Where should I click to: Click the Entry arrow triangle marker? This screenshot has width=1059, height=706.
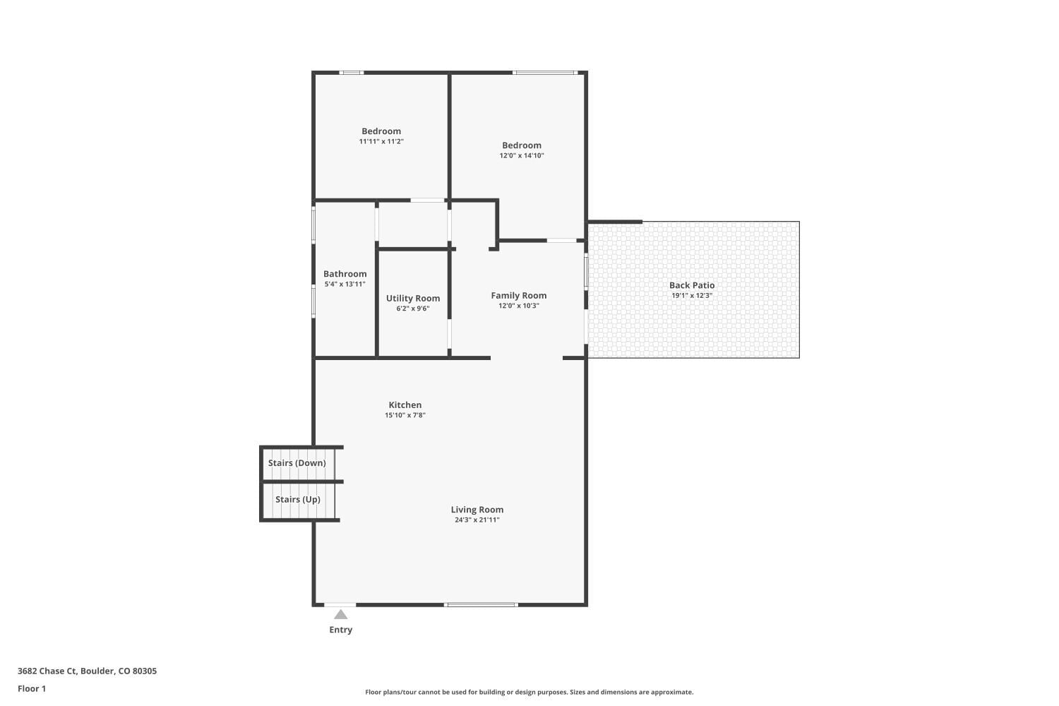pos(340,614)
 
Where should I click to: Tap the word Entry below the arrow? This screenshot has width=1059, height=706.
pos(340,630)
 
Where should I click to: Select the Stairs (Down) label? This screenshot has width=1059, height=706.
pos(297,463)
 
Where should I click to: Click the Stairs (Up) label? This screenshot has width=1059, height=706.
pos(297,499)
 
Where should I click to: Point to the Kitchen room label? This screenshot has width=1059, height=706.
pos(405,405)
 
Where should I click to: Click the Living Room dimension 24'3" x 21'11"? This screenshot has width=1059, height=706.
pos(477,520)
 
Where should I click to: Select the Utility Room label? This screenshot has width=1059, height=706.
pos(412,299)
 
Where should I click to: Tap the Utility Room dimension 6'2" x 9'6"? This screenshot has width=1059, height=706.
pos(412,309)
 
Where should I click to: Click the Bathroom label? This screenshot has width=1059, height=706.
pos(345,274)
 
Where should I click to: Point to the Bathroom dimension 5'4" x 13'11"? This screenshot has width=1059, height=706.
pos(345,284)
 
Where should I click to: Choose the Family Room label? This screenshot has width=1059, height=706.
pos(518,296)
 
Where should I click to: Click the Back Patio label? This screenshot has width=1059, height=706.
pos(691,285)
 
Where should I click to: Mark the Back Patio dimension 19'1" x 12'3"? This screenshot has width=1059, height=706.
pos(691,295)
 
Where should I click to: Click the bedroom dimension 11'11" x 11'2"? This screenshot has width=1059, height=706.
pos(381,141)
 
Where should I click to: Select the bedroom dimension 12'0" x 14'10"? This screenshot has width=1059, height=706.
pos(522,155)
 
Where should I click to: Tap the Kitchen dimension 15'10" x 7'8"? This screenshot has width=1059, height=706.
pos(405,415)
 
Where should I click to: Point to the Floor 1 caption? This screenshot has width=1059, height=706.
pos(32,688)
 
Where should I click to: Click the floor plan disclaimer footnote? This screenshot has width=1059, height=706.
pos(529,692)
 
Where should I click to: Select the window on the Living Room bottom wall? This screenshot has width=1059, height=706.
pos(481,604)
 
